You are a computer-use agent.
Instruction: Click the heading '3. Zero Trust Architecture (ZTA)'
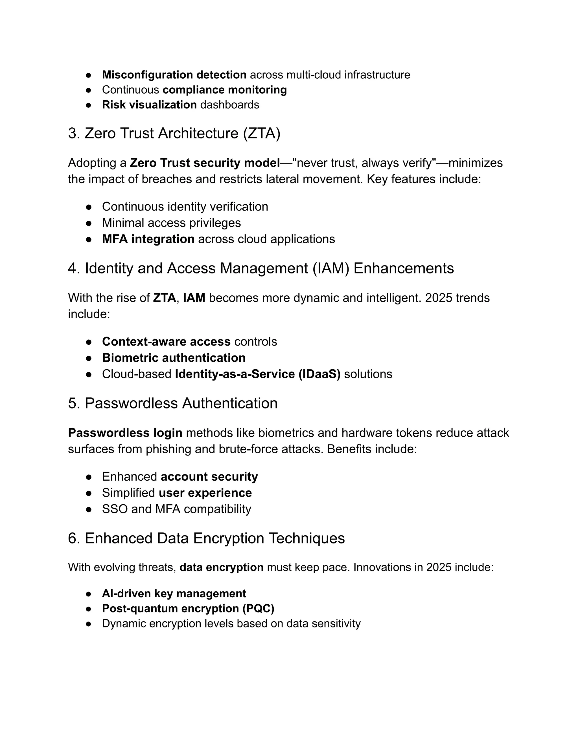coord(174,133)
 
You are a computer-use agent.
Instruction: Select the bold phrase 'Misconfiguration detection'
coord(174,75)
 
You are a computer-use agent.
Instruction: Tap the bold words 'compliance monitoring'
coord(225,90)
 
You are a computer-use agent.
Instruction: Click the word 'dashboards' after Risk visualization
coord(229,105)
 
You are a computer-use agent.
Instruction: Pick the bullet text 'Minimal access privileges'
coord(171,223)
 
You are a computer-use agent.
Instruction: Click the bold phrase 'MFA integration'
coord(148,239)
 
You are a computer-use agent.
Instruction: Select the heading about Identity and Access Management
coord(260,268)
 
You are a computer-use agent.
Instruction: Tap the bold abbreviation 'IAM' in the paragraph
coord(194,298)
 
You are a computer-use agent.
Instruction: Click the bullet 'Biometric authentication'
coord(174,358)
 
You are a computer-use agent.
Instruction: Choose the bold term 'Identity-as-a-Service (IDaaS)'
coord(257,374)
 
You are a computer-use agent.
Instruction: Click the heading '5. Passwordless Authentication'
coord(172,404)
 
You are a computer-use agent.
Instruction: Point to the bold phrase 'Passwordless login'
coord(125,433)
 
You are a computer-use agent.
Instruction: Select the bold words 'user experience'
coord(205,493)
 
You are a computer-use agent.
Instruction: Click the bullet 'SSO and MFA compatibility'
coord(176,509)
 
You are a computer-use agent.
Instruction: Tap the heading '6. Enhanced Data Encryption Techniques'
coord(206,538)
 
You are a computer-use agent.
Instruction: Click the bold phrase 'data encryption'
coord(221,567)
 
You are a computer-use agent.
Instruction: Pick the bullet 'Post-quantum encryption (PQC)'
coord(188,609)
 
